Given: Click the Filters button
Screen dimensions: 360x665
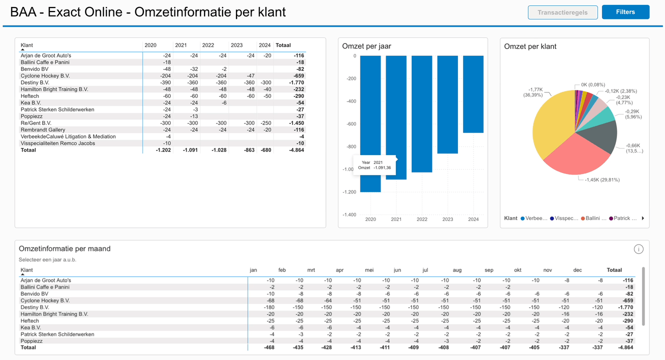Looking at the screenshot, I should (x=625, y=12).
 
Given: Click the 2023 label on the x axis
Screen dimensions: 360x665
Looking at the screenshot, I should (x=447, y=219).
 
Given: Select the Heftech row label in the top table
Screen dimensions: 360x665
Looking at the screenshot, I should (x=30, y=96).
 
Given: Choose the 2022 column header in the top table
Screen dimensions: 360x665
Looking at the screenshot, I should (x=208, y=45).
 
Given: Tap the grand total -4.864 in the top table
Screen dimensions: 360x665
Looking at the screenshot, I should (x=296, y=150).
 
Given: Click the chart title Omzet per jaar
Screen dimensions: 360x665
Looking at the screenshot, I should (x=366, y=46).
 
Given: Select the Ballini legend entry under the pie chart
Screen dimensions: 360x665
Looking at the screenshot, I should (x=593, y=218).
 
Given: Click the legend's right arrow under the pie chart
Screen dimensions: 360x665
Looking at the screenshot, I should (x=643, y=218).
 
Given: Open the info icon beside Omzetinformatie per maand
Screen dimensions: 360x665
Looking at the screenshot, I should (x=638, y=249).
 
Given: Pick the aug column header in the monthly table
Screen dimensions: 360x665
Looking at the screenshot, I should (x=457, y=270).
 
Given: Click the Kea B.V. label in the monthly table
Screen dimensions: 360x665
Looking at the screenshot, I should (x=30, y=327).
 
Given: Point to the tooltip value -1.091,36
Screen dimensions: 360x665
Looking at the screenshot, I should (x=382, y=168).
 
